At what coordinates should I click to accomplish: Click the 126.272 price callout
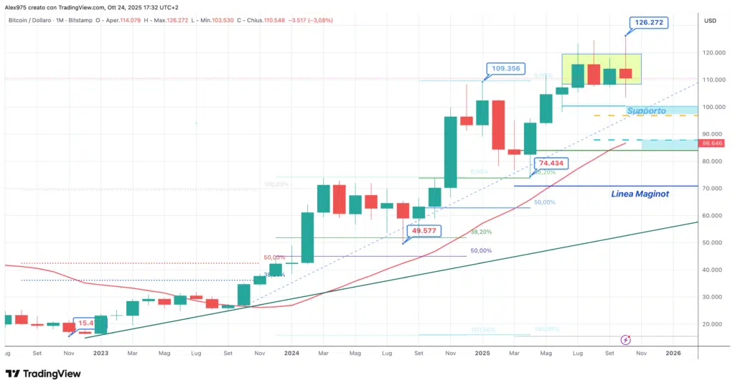(x=648, y=23)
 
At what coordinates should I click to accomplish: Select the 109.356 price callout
(x=506, y=70)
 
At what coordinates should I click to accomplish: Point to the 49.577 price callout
(x=424, y=231)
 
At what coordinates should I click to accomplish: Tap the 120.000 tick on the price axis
(x=715, y=53)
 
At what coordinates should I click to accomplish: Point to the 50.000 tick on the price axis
(x=715, y=242)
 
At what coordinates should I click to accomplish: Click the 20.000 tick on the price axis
(x=715, y=324)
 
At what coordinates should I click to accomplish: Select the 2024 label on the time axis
(x=291, y=353)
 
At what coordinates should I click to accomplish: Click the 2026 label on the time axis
(x=673, y=353)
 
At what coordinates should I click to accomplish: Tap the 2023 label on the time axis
(x=100, y=353)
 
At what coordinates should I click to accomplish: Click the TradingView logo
(x=43, y=374)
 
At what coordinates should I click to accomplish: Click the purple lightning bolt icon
(x=625, y=339)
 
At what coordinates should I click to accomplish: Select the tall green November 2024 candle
(x=451, y=153)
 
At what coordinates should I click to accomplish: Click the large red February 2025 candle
(x=498, y=125)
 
